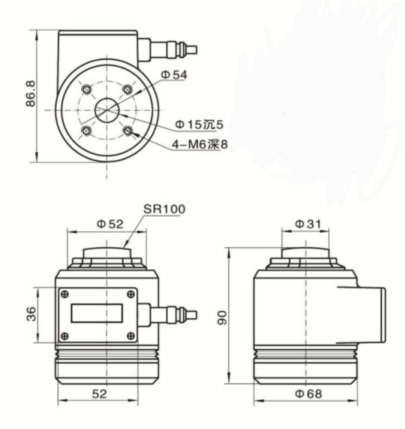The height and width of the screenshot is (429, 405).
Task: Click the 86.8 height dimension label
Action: click(31, 94)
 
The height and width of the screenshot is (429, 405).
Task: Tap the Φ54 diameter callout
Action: click(174, 75)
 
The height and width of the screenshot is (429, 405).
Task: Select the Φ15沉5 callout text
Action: click(199, 125)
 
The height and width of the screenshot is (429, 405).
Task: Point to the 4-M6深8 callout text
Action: click(200, 144)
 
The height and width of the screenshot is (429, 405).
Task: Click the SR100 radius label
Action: click(164, 209)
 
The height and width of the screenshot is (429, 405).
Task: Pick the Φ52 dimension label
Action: click(110, 224)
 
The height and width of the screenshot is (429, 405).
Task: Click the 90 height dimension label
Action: click(222, 317)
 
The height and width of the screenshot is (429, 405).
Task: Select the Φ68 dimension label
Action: click(308, 394)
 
